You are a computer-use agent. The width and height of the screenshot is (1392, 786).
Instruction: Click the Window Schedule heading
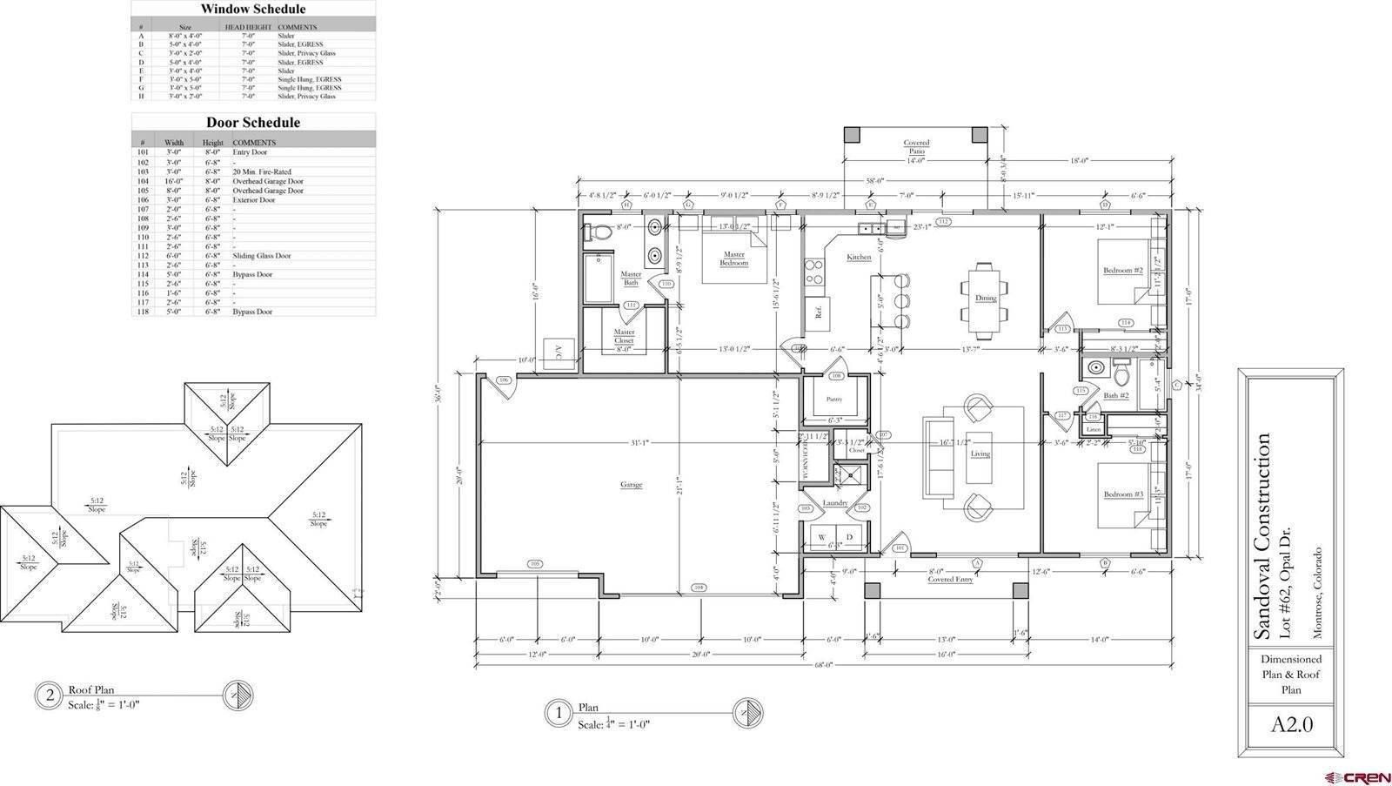253,10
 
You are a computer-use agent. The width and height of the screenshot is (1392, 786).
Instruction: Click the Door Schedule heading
253,123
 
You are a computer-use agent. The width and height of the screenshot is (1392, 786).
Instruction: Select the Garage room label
631,484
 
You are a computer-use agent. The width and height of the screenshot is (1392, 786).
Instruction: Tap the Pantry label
834,399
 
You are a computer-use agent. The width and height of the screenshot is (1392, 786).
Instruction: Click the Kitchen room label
859,257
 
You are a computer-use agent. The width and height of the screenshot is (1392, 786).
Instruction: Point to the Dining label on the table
985,298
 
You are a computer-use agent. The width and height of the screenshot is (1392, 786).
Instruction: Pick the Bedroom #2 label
1122,271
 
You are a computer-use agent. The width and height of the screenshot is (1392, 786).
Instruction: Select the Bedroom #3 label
1122,494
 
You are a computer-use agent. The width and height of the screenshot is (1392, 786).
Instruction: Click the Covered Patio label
916,147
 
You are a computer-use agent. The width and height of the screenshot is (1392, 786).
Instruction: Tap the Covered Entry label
950,579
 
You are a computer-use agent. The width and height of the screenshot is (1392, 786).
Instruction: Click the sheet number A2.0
1291,724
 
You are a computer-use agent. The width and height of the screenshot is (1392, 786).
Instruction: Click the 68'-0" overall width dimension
823,665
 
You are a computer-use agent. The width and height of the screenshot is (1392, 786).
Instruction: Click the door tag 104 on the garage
698,588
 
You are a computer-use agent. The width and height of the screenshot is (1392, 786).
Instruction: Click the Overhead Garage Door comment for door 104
268,181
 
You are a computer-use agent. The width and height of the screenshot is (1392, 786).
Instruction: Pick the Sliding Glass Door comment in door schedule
261,256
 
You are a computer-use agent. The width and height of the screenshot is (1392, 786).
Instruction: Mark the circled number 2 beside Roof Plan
50,695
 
